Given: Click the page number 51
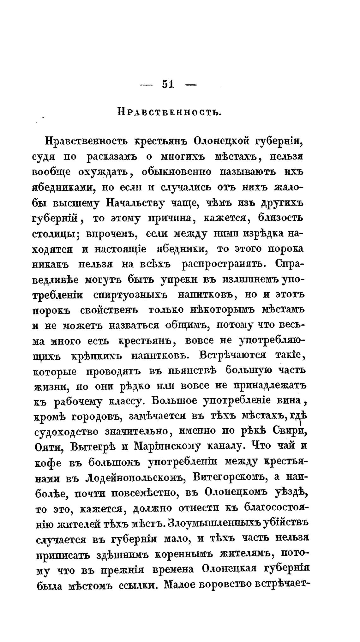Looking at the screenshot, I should (x=168, y=84).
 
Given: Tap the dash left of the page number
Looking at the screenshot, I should (x=146, y=85).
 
